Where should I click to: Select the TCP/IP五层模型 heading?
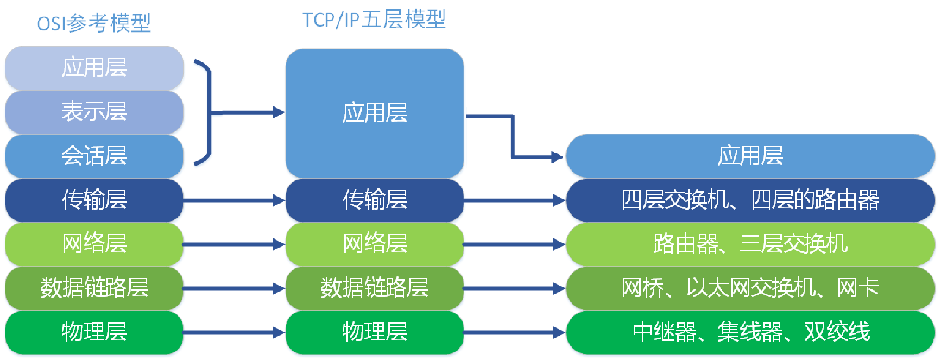[374, 20]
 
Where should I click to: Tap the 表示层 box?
[94, 112]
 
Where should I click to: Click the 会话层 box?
[94, 156]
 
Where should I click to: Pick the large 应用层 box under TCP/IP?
[374, 113]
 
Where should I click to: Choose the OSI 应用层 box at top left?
[94, 68]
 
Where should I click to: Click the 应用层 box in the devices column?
[750, 156]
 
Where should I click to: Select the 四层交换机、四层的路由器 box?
[750, 201]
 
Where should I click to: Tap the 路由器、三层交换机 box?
[750, 245]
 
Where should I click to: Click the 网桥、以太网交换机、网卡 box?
[750, 289]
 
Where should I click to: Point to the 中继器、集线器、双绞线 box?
[750, 332]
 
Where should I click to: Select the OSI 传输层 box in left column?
[94, 201]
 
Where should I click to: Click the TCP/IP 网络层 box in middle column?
[374, 245]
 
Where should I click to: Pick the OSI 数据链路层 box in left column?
[94, 289]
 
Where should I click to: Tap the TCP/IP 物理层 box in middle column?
[374, 332]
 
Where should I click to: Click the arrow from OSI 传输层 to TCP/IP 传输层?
[235, 201]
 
